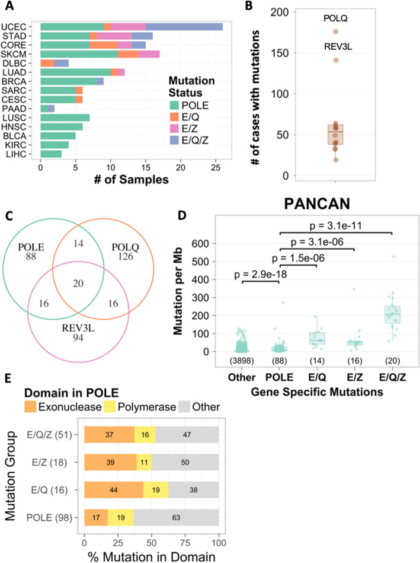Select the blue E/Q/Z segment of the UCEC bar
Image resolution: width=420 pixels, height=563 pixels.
(x=184, y=27)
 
